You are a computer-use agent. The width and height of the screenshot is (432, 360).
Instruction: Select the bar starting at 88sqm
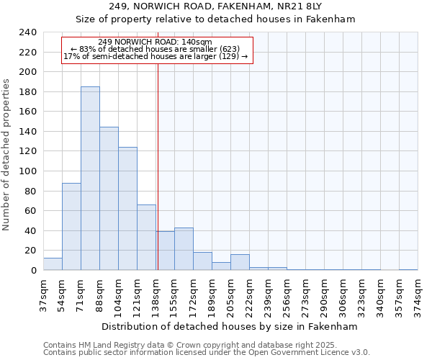109,199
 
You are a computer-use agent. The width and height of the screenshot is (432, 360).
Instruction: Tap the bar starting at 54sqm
71,227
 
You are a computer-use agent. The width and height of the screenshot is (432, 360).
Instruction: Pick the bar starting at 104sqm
127,209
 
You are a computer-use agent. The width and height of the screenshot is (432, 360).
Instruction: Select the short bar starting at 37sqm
53,264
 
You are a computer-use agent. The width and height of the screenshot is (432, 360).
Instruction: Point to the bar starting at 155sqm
184,249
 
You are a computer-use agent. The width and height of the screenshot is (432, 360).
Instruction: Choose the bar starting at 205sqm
240,262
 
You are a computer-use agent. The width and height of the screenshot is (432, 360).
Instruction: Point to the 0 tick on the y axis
33,271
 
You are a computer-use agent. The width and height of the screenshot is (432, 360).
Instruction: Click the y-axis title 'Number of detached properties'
6,151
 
